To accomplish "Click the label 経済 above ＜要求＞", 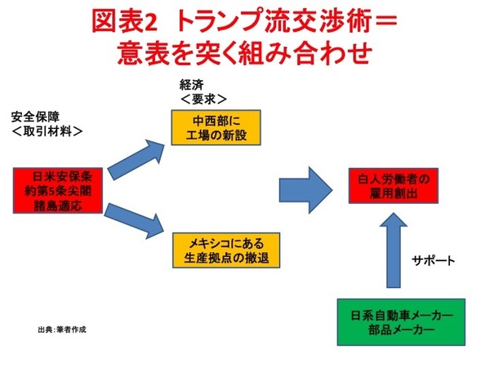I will coord(189,85).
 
